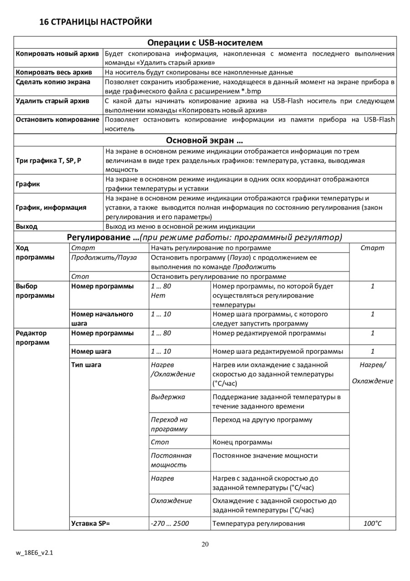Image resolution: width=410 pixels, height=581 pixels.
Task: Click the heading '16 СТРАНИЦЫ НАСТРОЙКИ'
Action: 96,22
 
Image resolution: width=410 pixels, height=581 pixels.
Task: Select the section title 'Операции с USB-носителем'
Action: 205,42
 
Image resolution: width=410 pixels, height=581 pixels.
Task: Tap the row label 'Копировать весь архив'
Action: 54,72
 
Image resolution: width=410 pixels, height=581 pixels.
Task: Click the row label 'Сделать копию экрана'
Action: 53,82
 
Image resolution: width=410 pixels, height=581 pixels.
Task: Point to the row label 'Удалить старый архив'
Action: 52,101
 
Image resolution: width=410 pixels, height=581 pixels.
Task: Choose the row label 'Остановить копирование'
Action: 57,119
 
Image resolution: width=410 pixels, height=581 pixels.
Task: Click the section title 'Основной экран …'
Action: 205,140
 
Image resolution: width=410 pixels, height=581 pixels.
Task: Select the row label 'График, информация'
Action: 51,207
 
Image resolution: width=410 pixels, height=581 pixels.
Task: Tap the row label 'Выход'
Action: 27,226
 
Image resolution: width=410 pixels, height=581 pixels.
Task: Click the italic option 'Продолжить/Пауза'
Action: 104,258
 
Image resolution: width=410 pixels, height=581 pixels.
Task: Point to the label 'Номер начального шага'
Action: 102,319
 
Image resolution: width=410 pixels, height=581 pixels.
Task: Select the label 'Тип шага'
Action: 86,365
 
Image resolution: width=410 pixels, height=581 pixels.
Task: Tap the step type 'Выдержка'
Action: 168,397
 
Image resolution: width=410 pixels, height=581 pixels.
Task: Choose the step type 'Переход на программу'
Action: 169,424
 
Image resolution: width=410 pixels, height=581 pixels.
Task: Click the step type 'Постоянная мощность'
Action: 171,460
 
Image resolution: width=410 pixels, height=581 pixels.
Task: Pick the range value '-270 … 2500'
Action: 169,524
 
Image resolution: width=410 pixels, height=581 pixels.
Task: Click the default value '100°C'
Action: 372,524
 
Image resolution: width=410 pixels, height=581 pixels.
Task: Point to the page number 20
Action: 205,544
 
